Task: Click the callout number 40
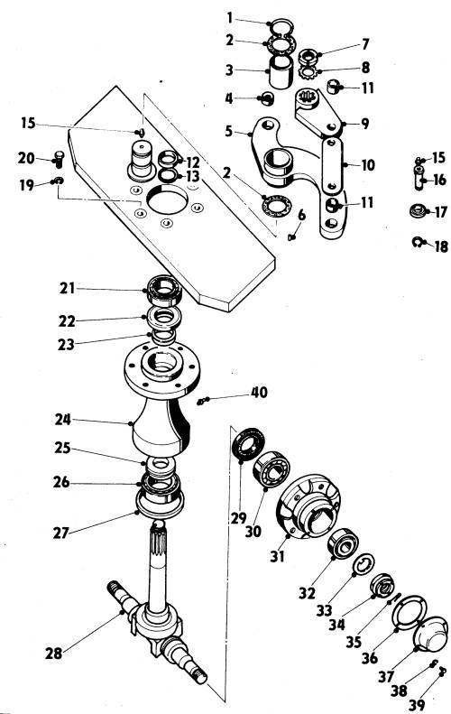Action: click(x=260, y=392)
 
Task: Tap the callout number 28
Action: click(x=53, y=654)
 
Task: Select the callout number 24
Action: click(x=63, y=419)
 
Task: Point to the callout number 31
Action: click(x=277, y=555)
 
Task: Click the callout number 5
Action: click(x=228, y=131)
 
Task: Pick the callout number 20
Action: click(x=26, y=158)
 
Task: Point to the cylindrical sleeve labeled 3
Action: click(x=281, y=72)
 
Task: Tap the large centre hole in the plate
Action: click(x=168, y=199)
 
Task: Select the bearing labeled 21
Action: click(x=163, y=290)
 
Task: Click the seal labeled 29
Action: click(x=248, y=443)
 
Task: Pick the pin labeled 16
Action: click(x=419, y=177)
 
